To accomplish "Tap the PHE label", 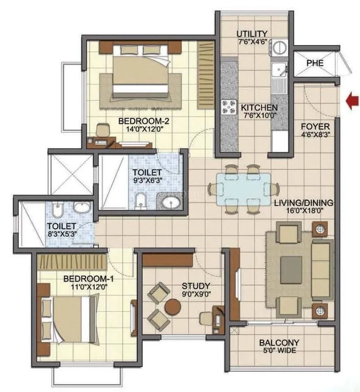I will pos(315,64).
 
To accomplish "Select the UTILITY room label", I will pos(252,34).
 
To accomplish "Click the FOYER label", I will pos(315,126).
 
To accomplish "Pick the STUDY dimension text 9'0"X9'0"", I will pos(196,294).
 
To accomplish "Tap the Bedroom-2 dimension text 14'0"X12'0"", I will pos(137,129).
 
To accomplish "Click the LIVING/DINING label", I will pos(304,203).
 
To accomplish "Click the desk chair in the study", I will pos(205,318).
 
